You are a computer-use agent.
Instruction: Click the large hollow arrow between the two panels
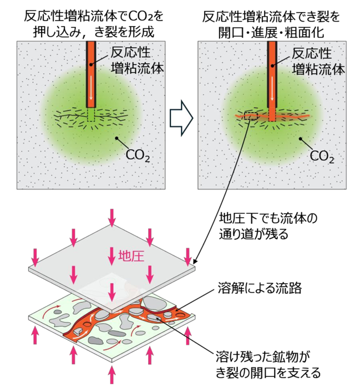point(181,118)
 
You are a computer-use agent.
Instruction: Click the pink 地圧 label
point(131,256)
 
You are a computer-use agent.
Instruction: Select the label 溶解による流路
point(260,288)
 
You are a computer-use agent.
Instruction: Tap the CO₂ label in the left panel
point(138,155)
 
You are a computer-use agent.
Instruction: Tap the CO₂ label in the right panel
point(322,156)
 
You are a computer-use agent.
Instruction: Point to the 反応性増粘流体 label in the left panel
point(137,60)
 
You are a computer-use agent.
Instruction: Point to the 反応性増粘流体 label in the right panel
point(318,61)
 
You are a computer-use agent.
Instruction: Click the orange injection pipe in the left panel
point(91,74)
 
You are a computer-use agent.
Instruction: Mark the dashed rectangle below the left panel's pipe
point(91,114)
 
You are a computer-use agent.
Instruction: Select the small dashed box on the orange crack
point(251,116)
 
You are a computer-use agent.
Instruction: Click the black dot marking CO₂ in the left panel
point(116,138)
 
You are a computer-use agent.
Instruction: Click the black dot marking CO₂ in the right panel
point(300,139)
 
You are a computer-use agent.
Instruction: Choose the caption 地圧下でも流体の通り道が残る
point(268,226)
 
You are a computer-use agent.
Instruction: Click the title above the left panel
point(94,24)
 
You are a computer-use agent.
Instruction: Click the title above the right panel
point(271,24)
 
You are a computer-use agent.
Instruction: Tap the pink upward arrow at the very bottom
point(112,375)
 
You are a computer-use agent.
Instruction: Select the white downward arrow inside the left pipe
point(91,89)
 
